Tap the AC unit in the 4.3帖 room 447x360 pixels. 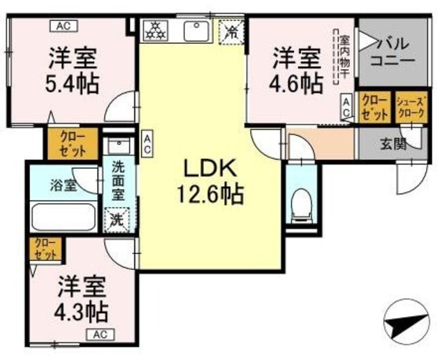(100, 334)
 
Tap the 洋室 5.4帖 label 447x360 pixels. (73, 70)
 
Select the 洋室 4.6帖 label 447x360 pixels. (296, 70)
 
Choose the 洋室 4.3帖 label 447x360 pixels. (82, 299)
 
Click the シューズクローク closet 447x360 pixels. (410, 107)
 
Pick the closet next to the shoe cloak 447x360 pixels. (375, 107)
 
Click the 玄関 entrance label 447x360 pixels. (393, 146)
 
